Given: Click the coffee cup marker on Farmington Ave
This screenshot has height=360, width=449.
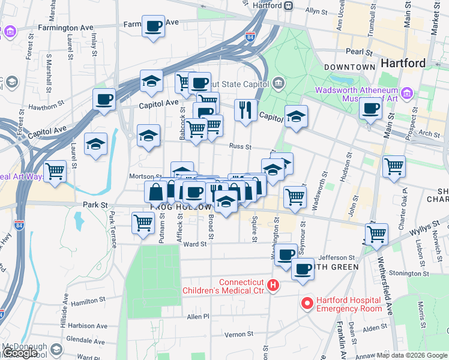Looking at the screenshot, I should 153,26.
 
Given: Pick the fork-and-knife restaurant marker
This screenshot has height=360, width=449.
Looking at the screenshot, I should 246,110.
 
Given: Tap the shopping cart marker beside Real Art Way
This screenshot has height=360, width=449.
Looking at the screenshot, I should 55,171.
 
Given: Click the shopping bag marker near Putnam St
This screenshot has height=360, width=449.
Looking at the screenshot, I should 155,192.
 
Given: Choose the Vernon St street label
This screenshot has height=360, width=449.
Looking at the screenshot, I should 236,334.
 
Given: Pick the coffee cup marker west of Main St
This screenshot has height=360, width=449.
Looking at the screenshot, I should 370,109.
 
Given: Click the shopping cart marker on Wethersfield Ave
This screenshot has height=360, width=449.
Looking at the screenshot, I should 376,233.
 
